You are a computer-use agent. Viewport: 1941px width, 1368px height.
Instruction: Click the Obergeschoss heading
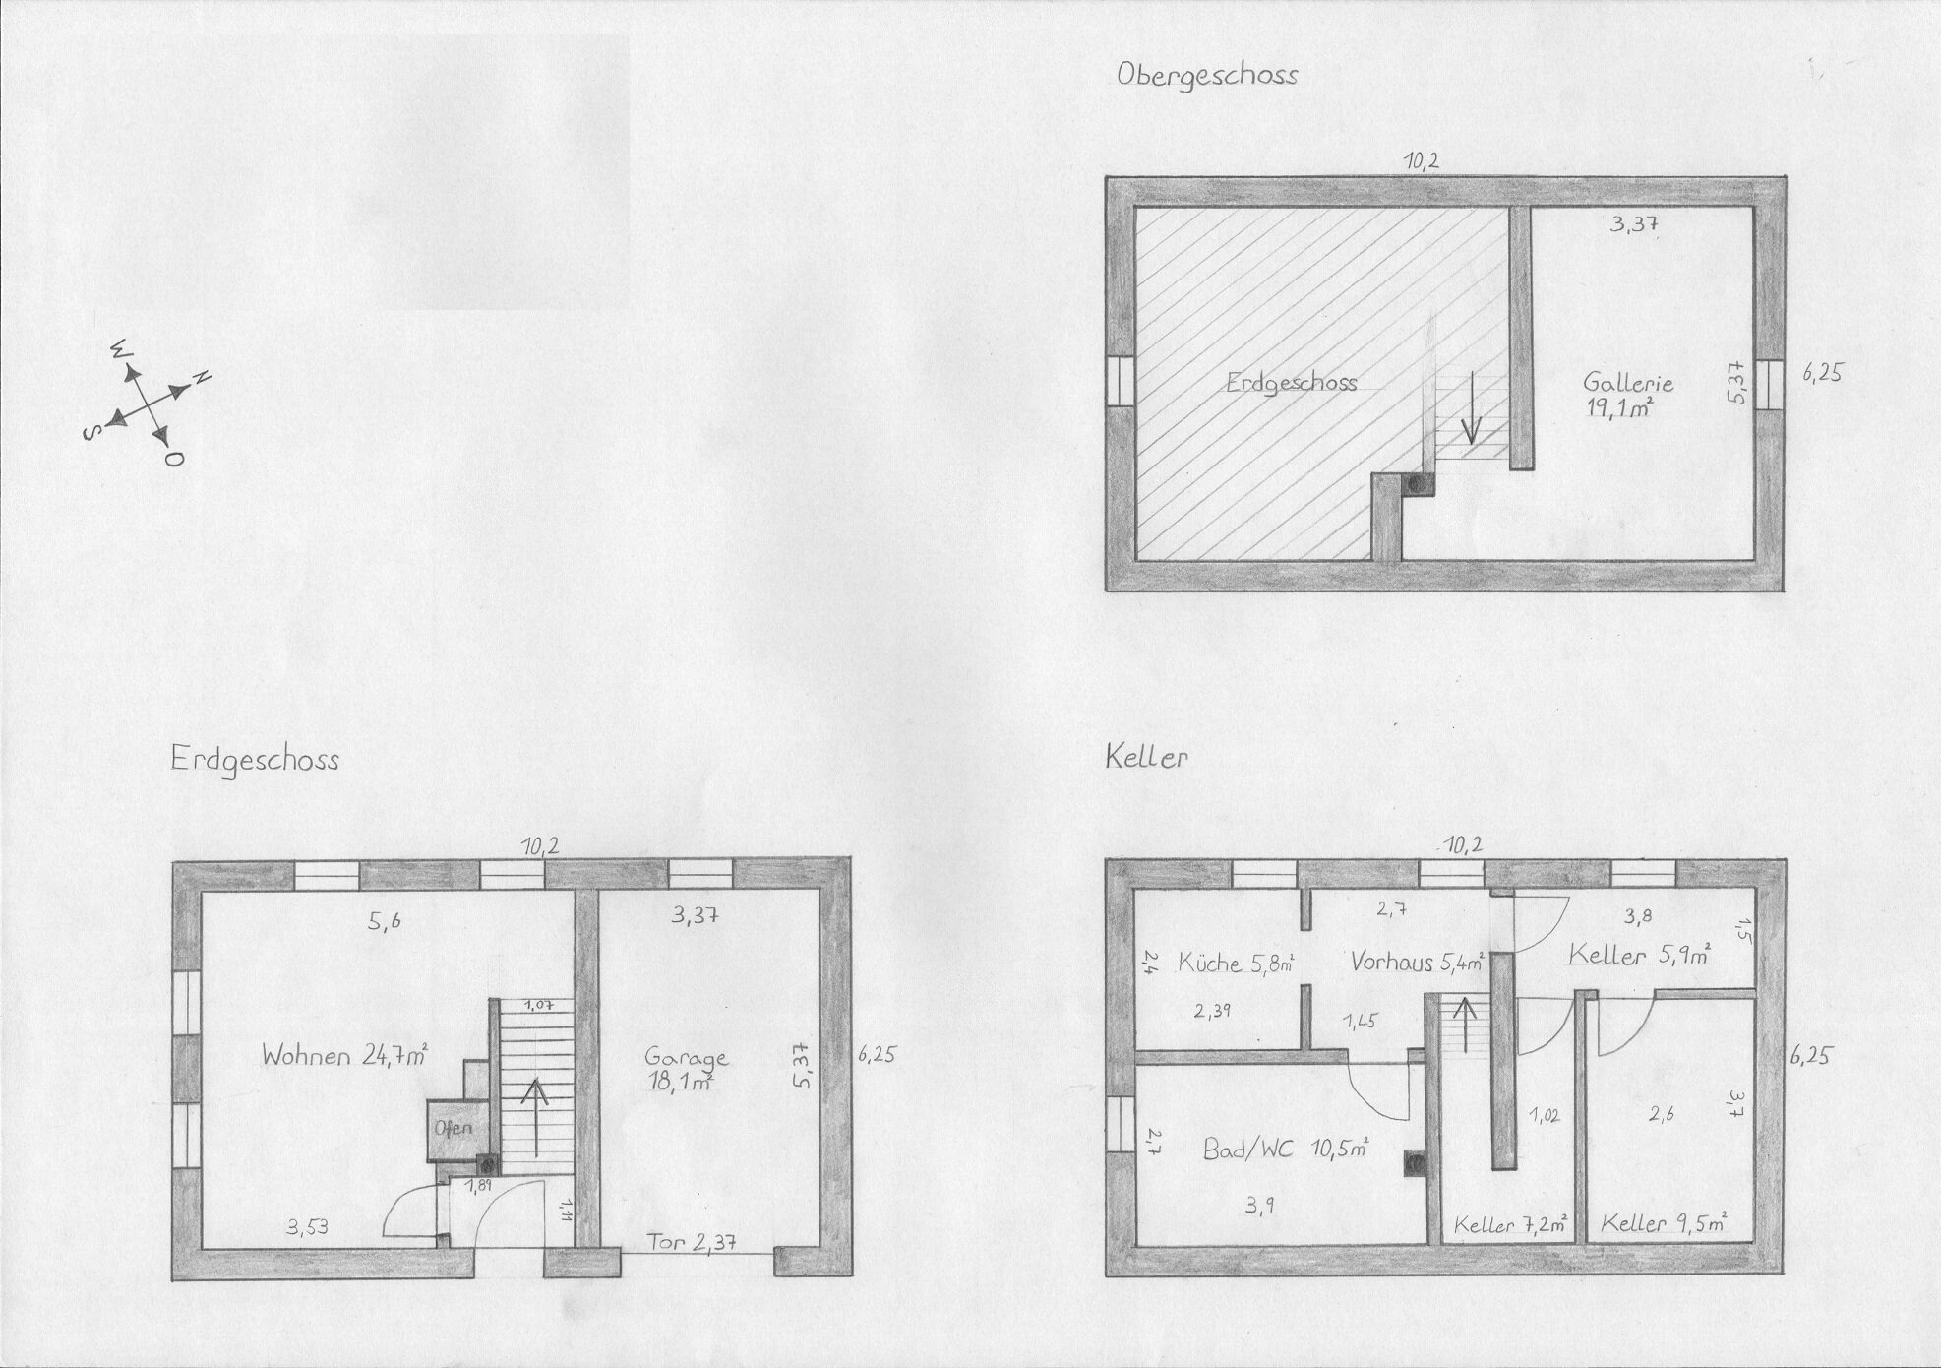point(1207,76)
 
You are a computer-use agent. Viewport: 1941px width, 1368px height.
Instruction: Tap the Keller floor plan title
point(1147,758)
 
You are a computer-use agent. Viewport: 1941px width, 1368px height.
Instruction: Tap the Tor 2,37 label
point(694,1241)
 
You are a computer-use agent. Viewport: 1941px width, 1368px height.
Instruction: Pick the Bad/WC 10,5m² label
point(1287,1149)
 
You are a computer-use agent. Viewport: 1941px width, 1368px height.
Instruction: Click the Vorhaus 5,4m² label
point(1417,962)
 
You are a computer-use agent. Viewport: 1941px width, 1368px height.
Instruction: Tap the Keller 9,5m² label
point(1665,1224)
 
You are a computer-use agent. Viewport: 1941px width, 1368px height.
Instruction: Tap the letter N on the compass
point(202,377)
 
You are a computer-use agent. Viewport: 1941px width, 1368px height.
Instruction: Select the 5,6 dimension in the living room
point(385,922)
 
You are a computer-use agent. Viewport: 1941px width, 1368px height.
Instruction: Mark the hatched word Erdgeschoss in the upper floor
point(1291,383)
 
